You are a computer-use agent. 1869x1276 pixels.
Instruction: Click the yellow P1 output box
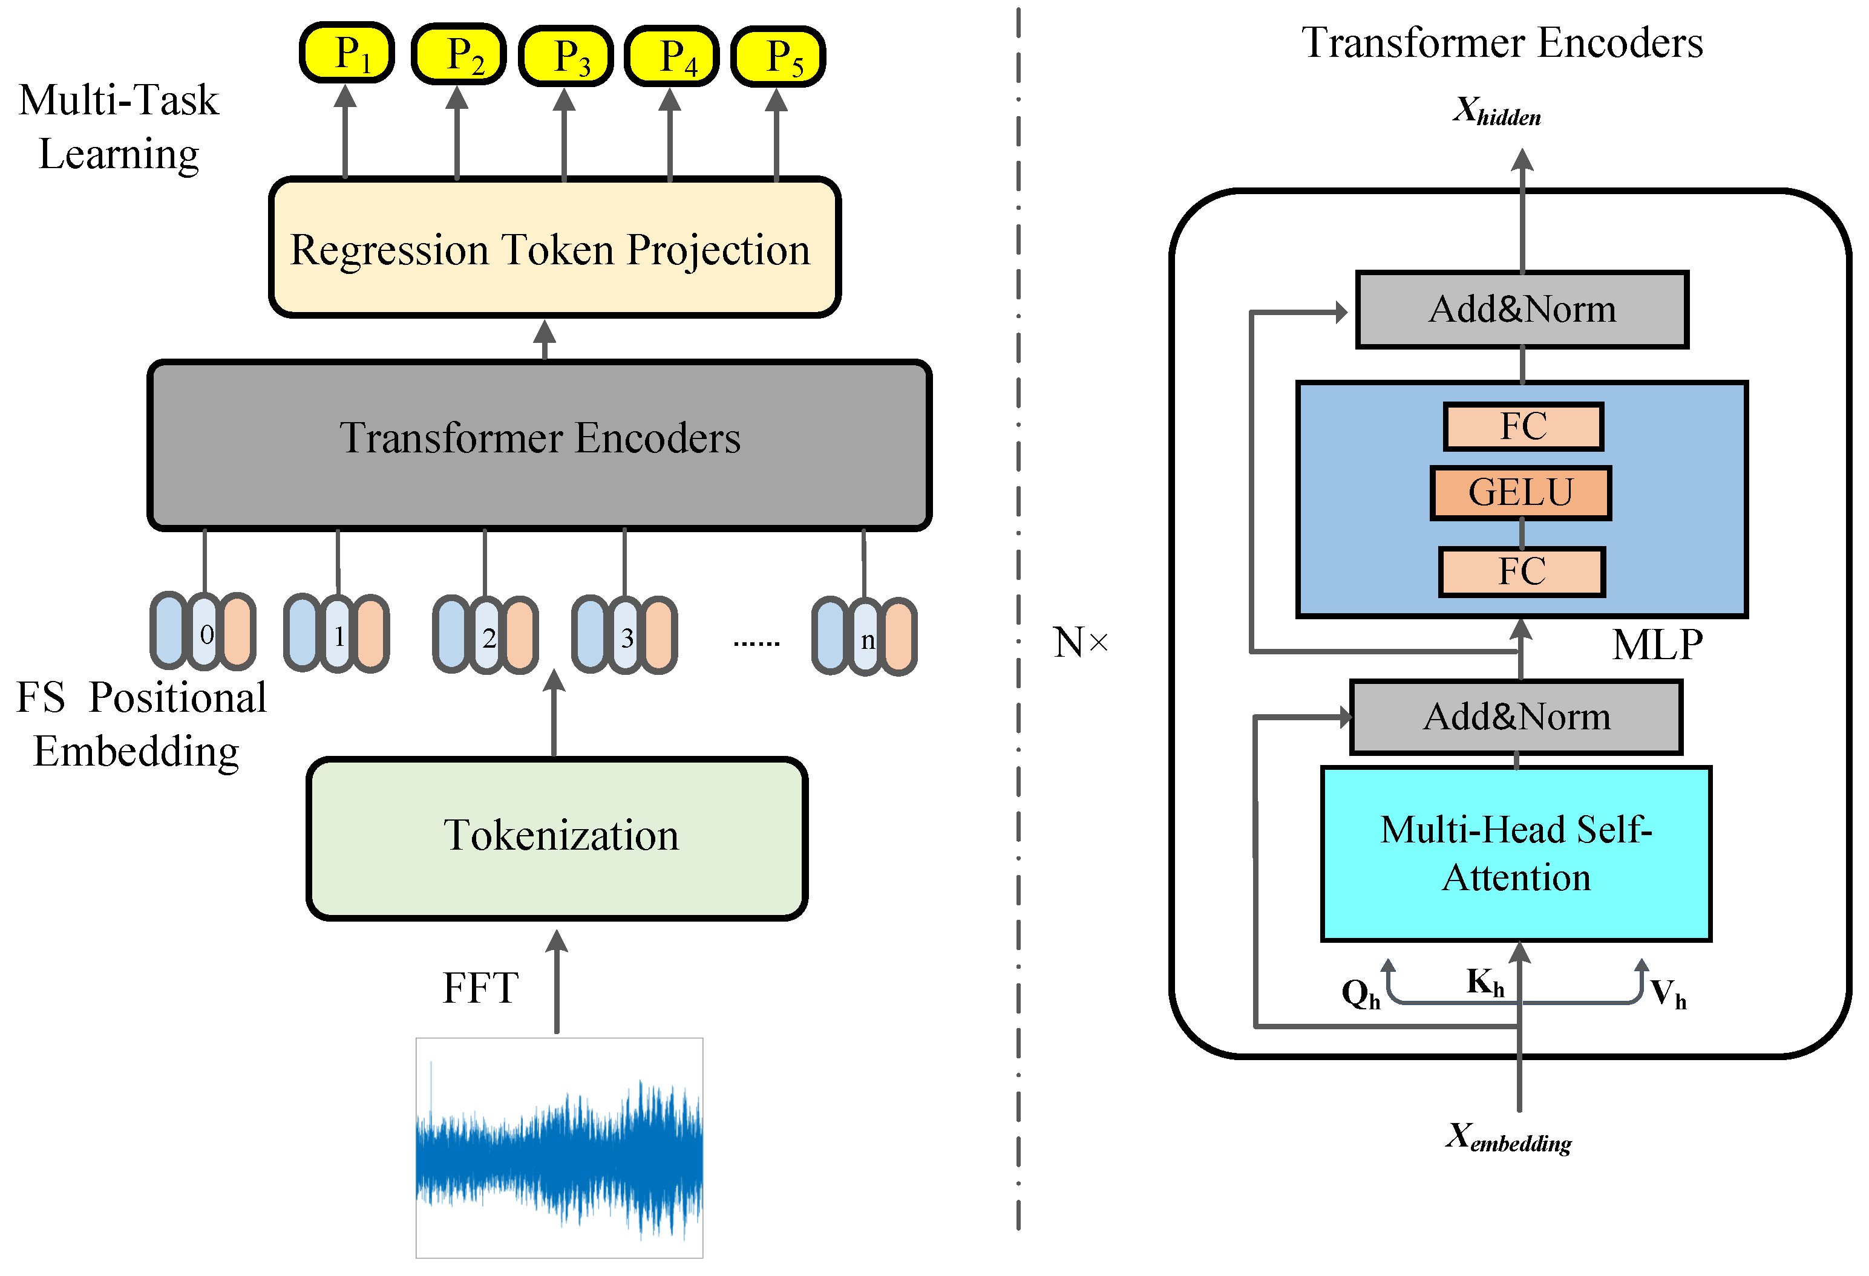pyautogui.click(x=347, y=53)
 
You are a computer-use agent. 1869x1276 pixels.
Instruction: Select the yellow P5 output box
pyautogui.click(x=777, y=56)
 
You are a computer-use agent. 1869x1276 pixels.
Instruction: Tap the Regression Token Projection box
pyautogui.click(x=554, y=248)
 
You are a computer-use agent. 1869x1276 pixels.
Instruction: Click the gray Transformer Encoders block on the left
pyautogui.click(x=539, y=444)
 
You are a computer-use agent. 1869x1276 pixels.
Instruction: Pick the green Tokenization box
pyautogui.click(x=557, y=837)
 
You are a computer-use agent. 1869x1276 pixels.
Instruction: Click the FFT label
pyautogui.click(x=480, y=988)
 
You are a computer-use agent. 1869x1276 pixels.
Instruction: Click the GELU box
pyautogui.click(x=1520, y=492)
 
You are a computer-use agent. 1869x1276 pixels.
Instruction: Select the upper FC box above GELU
pyautogui.click(x=1523, y=426)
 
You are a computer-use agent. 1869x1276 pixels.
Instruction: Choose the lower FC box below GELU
pyautogui.click(x=1522, y=571)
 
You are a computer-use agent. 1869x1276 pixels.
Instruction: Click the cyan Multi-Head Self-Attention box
pyautogui.click(x=1516, y=853)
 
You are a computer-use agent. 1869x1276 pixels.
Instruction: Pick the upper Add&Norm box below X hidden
pyautogui.click(x=1522, y=310)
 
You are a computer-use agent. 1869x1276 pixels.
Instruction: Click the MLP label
pyautogui.click(x=1657, y=645)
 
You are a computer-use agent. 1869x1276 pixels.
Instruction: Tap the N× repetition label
pyautogui.click(x=1080, y=642)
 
